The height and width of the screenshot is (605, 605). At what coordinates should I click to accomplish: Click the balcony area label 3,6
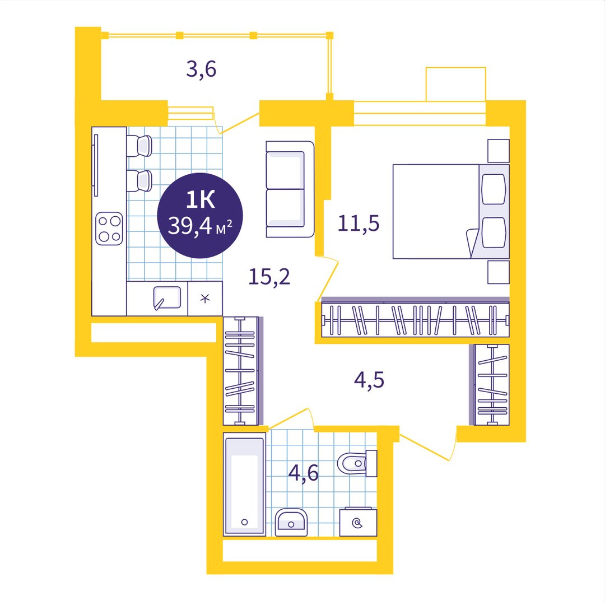click(201, 70)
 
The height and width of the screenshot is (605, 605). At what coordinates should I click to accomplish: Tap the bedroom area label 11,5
click(359, 224)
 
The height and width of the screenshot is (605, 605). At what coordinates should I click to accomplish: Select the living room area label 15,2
click(269, 277)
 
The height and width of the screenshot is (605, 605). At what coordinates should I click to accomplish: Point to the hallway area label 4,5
click(369, 380)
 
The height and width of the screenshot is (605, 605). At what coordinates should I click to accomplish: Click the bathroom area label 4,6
click(304, 473)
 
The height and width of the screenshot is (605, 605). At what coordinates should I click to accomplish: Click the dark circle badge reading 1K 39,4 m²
click(200, 215)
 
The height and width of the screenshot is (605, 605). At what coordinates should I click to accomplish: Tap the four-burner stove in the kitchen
click(109, 229)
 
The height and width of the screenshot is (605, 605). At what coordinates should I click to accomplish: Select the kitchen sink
click(167, 298)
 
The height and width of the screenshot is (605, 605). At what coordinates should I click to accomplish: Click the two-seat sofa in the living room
click(290, 189)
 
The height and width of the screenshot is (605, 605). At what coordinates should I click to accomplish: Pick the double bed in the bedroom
click(451, 211)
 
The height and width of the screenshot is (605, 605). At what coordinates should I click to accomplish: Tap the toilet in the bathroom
click(357, 463)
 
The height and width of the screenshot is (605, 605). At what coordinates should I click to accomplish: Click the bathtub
click(244, 484)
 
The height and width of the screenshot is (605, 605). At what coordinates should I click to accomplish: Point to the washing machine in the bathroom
click(358, 522)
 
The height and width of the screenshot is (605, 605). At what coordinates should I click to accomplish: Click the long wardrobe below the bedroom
click(415, 319)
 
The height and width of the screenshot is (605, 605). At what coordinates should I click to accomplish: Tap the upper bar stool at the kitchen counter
click(139, 146)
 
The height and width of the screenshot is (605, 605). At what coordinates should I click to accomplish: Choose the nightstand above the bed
click(499, 151)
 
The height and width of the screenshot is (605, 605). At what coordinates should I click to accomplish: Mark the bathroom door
click(290, 417)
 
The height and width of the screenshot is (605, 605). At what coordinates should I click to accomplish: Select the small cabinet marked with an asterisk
click(205, 298)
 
